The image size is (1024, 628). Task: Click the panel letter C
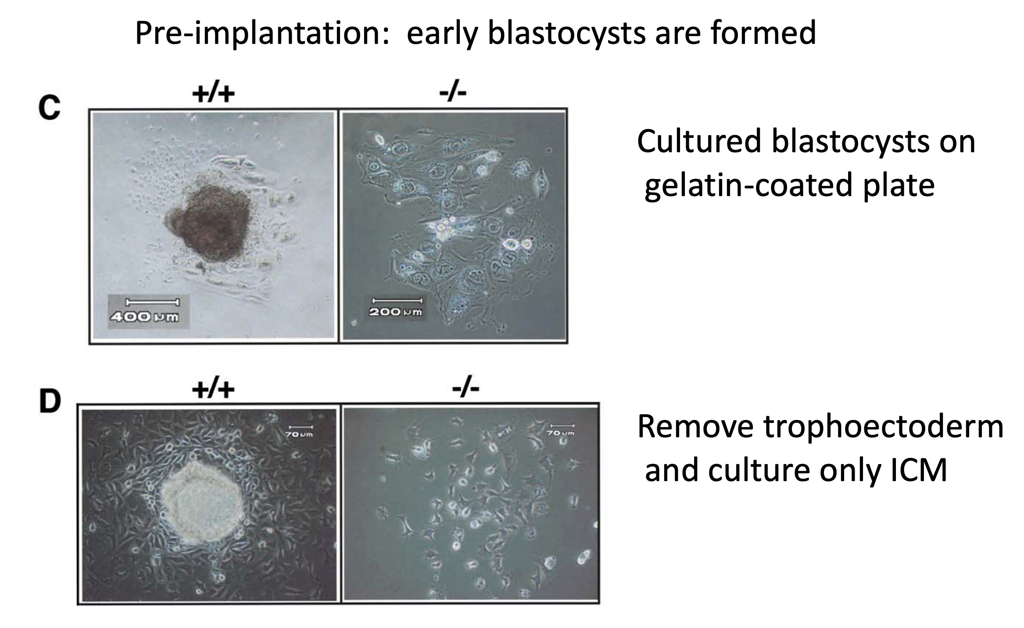(x=49, y=107)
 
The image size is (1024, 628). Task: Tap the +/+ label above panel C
(x=213, y=93)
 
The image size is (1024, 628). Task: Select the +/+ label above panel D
(x=213, y=389)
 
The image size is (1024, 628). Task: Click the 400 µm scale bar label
(x=144, y=317)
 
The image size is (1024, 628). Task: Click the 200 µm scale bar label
(x=395, y=312)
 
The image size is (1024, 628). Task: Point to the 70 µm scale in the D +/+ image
(x=299, y=434)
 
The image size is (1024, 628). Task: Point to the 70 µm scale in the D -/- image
(x=560, y=433)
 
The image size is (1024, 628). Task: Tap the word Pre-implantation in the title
(x=262, y=33)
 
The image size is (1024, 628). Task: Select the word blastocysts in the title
(x=566, y=33)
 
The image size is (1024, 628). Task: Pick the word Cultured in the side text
(x=699, y=142)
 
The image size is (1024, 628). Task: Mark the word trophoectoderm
(x=884, y=427)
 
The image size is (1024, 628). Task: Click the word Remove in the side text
(x=695, y=427)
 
